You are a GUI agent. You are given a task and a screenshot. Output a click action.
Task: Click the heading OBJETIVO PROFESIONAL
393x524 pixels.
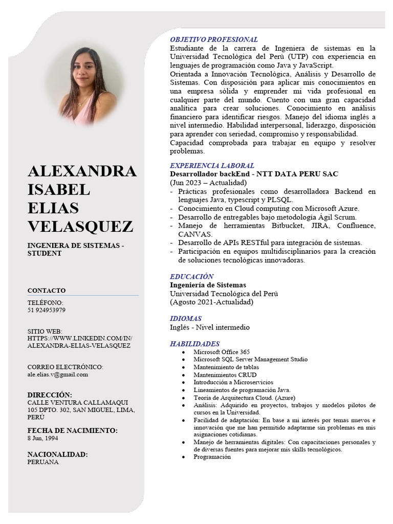click(x=213, y=39)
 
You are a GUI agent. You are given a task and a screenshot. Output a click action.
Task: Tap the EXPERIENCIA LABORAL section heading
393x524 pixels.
click(x=212, y=166)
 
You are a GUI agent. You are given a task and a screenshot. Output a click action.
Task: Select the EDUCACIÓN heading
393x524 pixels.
click(x=191, y=276)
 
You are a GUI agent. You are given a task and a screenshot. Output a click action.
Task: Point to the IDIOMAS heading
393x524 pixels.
click(x=186, y=318)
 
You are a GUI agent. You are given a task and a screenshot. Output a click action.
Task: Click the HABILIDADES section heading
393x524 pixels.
click(x=194, y=344)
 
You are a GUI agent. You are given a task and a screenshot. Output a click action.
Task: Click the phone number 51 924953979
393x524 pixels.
click(x=46, y=310)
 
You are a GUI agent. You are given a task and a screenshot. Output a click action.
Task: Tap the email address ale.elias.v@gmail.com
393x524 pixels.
click(x=58, y=374)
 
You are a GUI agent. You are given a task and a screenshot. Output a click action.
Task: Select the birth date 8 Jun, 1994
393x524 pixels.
click(x=42, y=439)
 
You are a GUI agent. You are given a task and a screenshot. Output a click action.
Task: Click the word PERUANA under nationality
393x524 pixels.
click(x=43, y=462)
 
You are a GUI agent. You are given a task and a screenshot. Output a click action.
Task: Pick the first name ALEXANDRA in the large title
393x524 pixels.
click(x=82, y=171)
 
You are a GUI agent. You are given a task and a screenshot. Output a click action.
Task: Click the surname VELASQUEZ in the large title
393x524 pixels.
click(x=80, y=226)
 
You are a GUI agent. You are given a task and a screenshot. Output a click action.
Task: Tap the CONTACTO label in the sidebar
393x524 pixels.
click(x=47, y=291)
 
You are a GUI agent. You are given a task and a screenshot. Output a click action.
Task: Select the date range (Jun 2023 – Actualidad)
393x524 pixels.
click(x=208, y=183)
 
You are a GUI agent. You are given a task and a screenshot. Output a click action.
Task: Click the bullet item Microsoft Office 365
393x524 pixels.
click(x=221, y=352)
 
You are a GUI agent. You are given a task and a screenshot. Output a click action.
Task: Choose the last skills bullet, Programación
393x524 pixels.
click(x=212, y=457)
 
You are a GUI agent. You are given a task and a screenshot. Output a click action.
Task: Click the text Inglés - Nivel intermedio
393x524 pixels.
click(x=210, y=327)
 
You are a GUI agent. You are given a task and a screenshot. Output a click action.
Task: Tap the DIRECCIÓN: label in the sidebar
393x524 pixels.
click(x=50, y=395)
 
